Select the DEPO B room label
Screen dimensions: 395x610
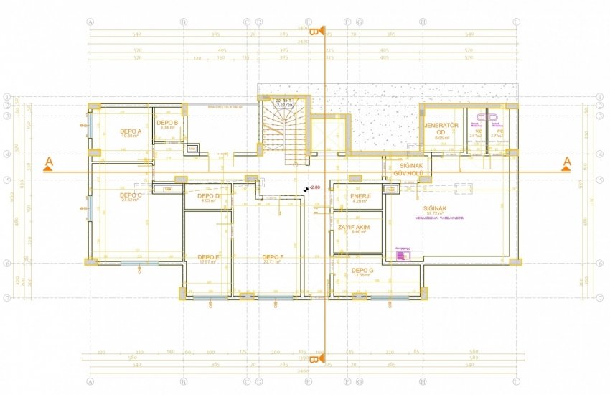(x=167, y=123)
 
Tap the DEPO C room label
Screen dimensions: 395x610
(x=130, y=195)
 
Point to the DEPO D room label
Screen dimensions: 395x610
(x=208, y=196)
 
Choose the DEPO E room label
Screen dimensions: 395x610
(x=208, y=257)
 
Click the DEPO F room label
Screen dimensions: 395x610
(x=273, y=257)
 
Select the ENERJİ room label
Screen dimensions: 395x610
(x=360, y=197)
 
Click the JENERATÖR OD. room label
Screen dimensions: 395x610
(x=441, y=127)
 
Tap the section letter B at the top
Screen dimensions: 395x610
(x=314, y=31)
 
